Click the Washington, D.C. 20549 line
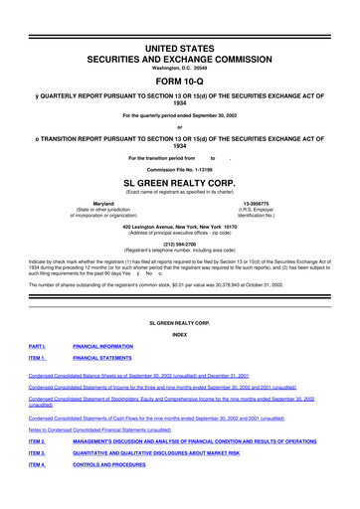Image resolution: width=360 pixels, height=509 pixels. [x=180, y=39]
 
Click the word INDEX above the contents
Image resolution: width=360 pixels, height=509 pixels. [x=180, y=335]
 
